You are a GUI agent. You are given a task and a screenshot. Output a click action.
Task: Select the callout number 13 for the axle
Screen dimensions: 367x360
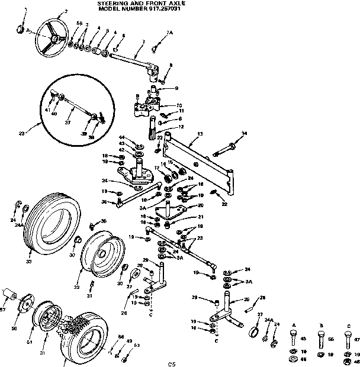[200, 134]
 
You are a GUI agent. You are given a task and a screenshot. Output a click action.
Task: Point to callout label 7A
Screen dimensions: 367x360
[169, 32]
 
